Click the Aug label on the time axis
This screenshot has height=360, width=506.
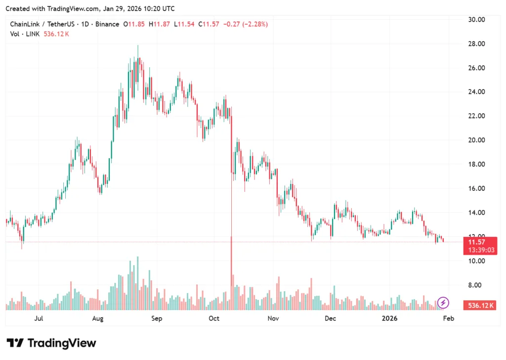(x=98, y=318)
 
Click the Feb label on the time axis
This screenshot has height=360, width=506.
(x=448, y=318)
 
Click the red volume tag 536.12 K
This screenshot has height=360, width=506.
(x=479, y=306)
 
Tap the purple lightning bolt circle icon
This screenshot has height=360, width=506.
(x=443, y=302)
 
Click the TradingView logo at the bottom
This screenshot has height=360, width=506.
(x=51, y=343)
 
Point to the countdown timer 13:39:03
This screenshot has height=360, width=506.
(x=479, y=250)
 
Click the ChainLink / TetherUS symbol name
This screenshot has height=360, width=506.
(x=40, y=24)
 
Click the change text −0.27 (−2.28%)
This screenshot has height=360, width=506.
(x=245, y=24)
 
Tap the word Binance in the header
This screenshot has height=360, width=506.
(x=108, y=24)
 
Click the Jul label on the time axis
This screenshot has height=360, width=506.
(x=39, y=318)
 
